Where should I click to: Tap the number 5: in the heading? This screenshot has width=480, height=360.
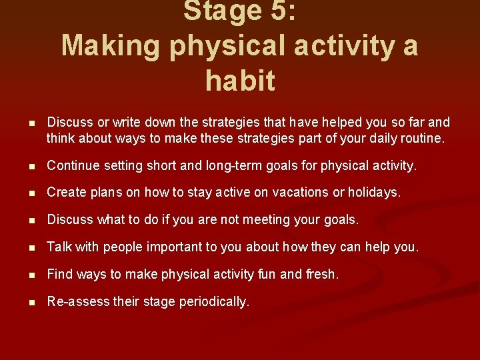(x=282, y=11)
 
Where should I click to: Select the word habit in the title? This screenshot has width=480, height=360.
(x=240, y=81)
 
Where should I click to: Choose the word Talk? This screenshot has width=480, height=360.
(x=59, y=247)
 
